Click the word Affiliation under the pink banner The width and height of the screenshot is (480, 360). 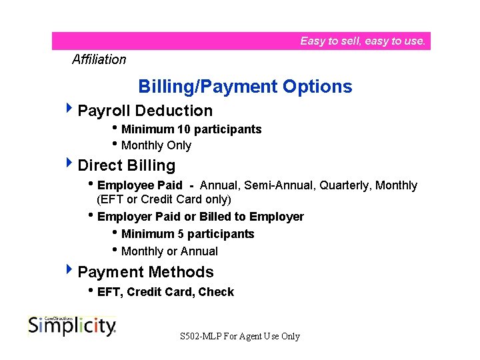[99, 59]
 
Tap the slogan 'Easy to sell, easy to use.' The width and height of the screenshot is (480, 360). [362, 41]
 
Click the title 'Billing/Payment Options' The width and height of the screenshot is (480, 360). [245, 87]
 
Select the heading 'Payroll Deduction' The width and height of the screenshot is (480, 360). [145, 111]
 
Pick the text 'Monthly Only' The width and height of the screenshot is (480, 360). [156, 145]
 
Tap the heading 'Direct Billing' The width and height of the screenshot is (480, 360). [126, 165]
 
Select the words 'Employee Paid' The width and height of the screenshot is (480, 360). [139, 185]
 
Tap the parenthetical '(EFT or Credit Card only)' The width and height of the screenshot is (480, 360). [164, 199]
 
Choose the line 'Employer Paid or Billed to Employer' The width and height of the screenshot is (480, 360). [200, 217]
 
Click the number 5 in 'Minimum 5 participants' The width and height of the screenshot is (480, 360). [181, 234]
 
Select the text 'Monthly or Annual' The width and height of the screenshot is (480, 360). [169, 251]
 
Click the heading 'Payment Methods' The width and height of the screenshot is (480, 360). [145, 272]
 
